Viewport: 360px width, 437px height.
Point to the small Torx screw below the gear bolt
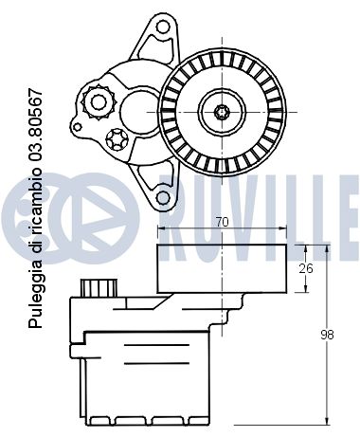(x=117, y=139)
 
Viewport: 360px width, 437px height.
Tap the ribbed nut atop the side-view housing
(x=97, y=286)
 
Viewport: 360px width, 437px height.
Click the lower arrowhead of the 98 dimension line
(x=327, y=419)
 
